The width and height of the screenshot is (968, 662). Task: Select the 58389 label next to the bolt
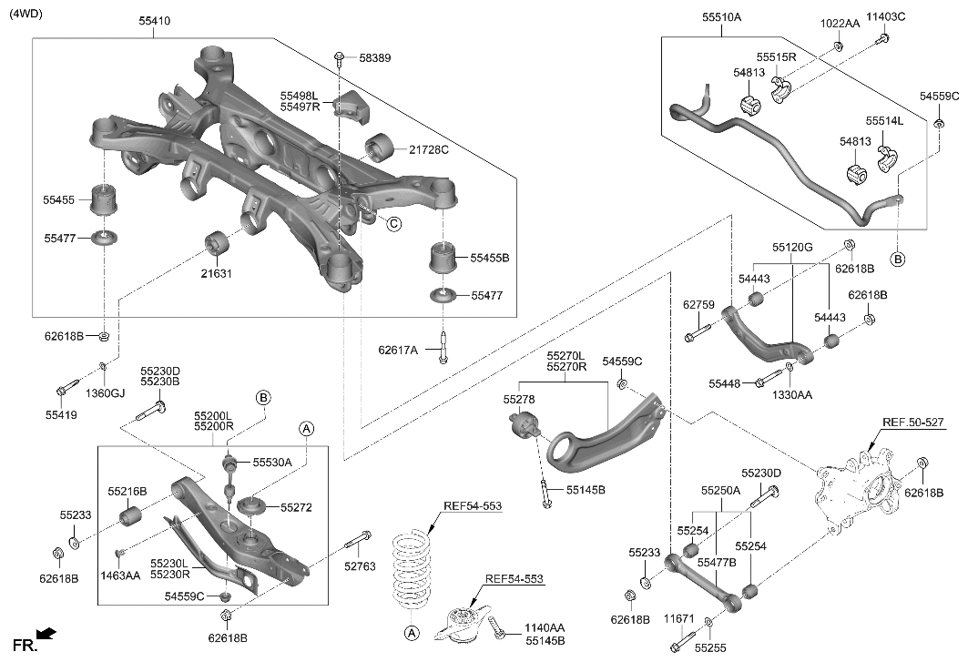[374, 57]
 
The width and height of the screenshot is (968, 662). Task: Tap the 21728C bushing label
[428, 149]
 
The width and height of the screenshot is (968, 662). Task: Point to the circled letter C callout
[393, 224]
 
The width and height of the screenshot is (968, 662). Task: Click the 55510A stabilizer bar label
[721, 16]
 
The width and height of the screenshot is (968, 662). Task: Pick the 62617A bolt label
[398, 349]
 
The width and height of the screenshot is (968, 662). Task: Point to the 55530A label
[272, 463]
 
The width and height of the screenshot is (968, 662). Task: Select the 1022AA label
[839, 23]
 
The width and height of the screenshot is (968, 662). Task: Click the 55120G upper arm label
[792, 247]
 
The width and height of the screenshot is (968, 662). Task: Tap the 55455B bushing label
[490, 259]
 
